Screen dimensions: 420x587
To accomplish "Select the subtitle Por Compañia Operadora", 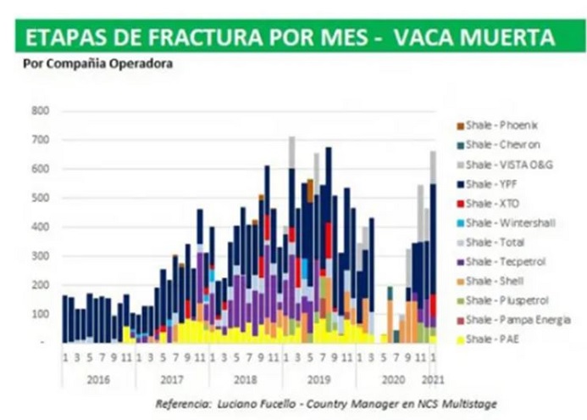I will point(94,63).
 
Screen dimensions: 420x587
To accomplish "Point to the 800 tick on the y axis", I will point(41,111).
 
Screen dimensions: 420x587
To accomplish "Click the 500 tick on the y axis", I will point(41,198).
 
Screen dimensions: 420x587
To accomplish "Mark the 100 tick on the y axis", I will point(41,314).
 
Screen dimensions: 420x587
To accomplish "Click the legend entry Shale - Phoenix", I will point(507,126).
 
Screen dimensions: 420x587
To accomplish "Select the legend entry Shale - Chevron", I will point(507,144).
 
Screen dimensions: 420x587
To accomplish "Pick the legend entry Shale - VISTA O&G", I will point(512,164).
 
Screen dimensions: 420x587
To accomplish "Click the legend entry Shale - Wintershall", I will point(513,223).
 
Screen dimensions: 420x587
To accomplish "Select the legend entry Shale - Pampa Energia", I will point(518,320).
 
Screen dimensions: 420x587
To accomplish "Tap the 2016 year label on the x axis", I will point(98,379).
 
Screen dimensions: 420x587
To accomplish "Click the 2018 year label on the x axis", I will point(246,379).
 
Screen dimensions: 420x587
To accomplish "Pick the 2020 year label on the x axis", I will point(390,379).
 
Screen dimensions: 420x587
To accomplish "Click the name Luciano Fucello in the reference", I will point(259,403).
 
